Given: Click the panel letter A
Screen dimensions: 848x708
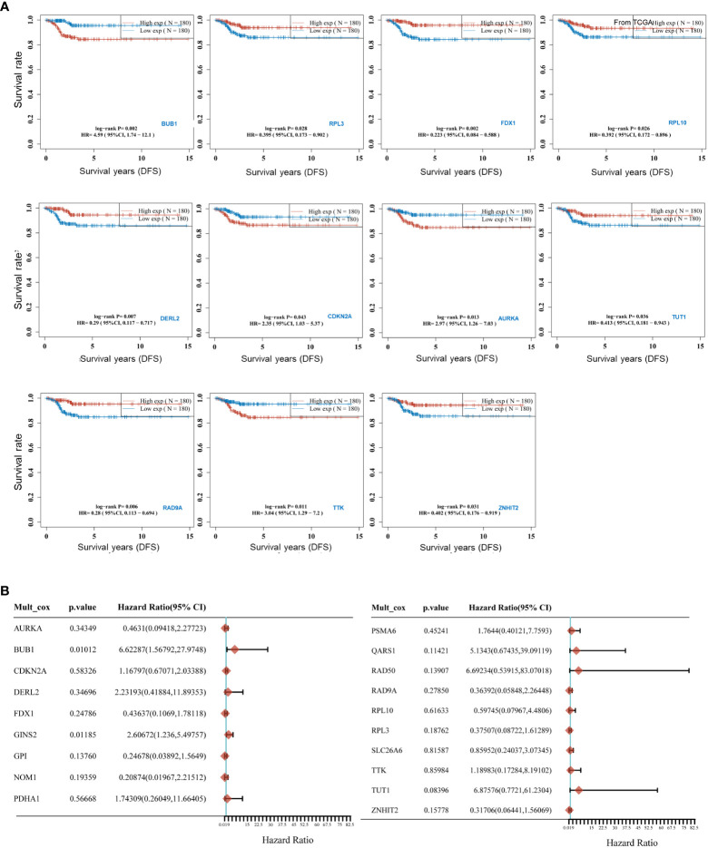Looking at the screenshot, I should (7, 7).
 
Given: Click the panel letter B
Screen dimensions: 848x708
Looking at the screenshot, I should (7, 590).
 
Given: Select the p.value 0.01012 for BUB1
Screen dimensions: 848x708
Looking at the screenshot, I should (84, 649).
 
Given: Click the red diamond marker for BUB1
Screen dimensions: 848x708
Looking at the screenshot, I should (234, 649).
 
